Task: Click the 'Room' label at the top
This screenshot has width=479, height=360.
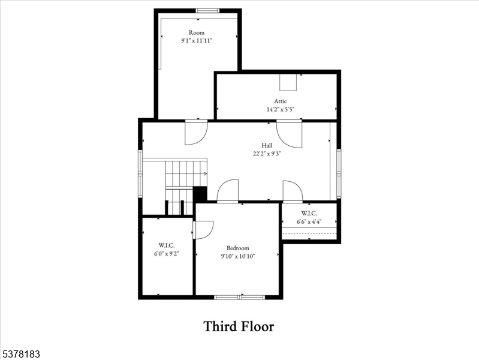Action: [197, 32]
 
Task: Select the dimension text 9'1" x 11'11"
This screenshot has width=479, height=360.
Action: [197, 41]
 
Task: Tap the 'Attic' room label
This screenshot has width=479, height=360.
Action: [281, 101]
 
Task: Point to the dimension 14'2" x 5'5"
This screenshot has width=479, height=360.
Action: [281, 110]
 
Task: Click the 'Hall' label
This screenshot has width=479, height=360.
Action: [267, 145]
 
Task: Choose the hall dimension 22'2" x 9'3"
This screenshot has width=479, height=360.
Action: [267, 154]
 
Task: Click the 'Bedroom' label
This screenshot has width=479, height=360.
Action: [238, 248]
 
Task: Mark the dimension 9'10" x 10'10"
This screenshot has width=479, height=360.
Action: [238, 256]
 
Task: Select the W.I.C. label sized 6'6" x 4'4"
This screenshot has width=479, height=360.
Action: [309, 213]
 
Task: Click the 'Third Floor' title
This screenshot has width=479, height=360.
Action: [239, 326]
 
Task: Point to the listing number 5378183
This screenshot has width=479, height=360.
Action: [20, 355]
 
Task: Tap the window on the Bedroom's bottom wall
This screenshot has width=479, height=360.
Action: [240, 296]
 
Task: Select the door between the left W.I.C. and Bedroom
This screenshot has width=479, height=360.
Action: [203, 230]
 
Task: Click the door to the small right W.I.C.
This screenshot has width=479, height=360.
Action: [293, 191]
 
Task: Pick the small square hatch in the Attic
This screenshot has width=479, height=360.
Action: [288, 82]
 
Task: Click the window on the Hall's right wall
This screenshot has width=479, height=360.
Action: [339, 173]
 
